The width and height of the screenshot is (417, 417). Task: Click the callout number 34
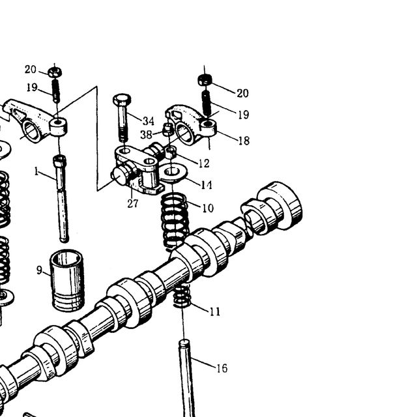149,121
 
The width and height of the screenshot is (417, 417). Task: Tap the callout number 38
146,135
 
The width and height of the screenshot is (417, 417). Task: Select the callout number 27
133,204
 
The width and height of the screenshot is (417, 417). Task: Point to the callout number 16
222,368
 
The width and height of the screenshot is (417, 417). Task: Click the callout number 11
215,311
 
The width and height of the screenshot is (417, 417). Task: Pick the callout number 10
208,208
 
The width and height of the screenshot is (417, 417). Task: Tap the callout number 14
207,185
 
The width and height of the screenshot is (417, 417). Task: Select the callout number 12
204,164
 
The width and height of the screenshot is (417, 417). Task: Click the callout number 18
244,141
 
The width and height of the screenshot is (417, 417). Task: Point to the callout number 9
39,270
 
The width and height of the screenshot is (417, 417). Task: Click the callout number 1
36,171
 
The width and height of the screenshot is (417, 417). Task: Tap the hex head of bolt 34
122,100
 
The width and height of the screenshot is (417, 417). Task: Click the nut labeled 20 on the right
205,79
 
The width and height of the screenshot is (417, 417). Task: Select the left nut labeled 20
55,72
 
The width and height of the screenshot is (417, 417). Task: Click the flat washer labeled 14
173,172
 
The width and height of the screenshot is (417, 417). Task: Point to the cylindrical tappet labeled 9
68,280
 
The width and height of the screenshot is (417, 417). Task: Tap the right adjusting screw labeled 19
207,104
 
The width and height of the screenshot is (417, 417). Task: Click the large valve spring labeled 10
175,222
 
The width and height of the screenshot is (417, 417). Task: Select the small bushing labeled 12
171,152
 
